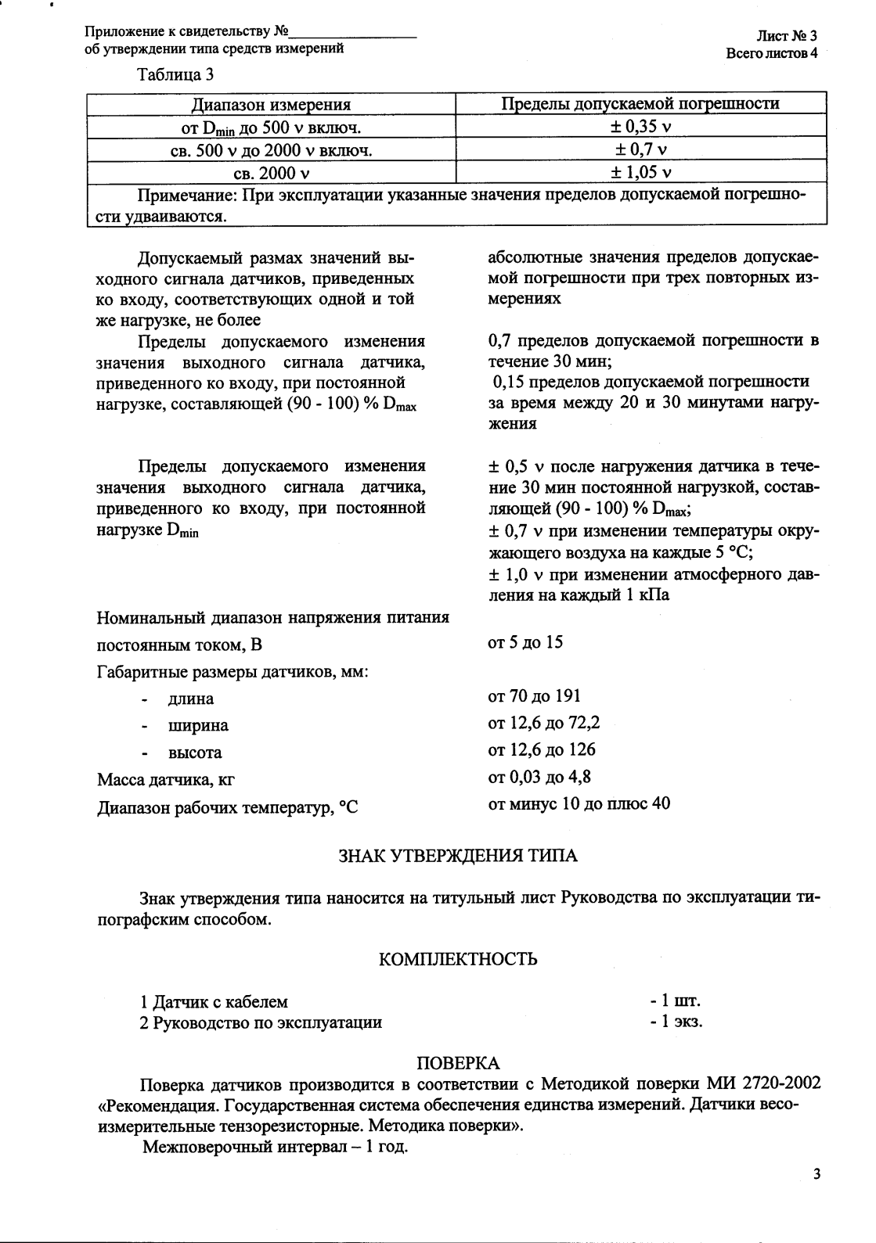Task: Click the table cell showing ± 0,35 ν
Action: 641,127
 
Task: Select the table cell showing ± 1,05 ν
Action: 641,172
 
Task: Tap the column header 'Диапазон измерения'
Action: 271,104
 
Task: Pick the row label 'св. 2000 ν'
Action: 271,172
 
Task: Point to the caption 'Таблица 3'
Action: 175,76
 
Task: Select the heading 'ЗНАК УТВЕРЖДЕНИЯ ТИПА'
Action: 457,856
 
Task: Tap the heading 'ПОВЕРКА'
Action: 457,1063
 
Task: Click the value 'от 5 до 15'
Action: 525,643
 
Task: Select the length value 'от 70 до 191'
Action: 534,696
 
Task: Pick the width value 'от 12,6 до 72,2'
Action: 543,723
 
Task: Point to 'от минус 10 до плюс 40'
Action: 579,803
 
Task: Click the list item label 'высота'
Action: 195,753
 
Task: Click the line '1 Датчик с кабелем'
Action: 214,1002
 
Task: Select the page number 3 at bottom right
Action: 817,1174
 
